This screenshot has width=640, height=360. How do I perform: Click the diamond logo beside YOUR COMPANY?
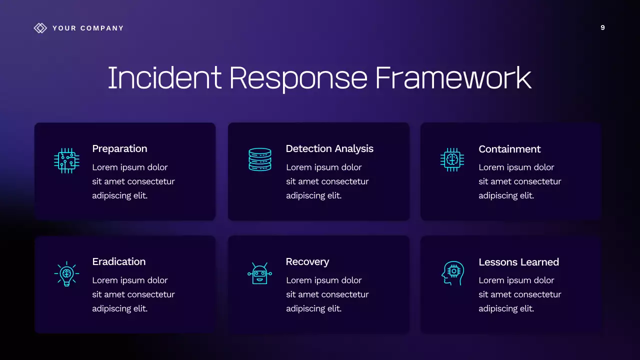pos(40,28)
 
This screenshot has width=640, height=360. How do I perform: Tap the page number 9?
pos(602,27)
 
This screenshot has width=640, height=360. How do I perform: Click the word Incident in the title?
pos(164,78)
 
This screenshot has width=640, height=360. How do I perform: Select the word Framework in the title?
pos(453,78)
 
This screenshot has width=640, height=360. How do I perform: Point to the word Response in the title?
pos(298,78)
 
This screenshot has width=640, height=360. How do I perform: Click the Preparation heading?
pos(119,148)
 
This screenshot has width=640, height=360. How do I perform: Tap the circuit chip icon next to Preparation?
pos(66,160)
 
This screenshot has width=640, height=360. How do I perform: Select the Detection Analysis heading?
pos(329,148)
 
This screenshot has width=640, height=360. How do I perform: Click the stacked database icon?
pos(260,159)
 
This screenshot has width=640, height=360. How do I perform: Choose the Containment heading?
pos(509,149)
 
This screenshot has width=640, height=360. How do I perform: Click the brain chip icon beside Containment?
pos(452,160)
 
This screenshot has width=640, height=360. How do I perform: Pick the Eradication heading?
pos(119,261)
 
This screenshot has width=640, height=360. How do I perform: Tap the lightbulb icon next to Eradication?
pos(66,273)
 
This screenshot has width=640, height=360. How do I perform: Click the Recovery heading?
pos(307,261)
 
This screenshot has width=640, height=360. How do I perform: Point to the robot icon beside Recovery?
pos(259,273)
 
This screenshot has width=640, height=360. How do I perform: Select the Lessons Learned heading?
pos(518,262)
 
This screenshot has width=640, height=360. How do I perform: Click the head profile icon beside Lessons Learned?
pos(452,273)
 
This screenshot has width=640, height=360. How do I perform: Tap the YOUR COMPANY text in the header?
pos(88,28)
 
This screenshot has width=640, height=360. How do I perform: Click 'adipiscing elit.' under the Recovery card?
pos(313,308)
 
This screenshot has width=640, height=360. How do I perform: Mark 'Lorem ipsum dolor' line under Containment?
pos(516,167)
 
